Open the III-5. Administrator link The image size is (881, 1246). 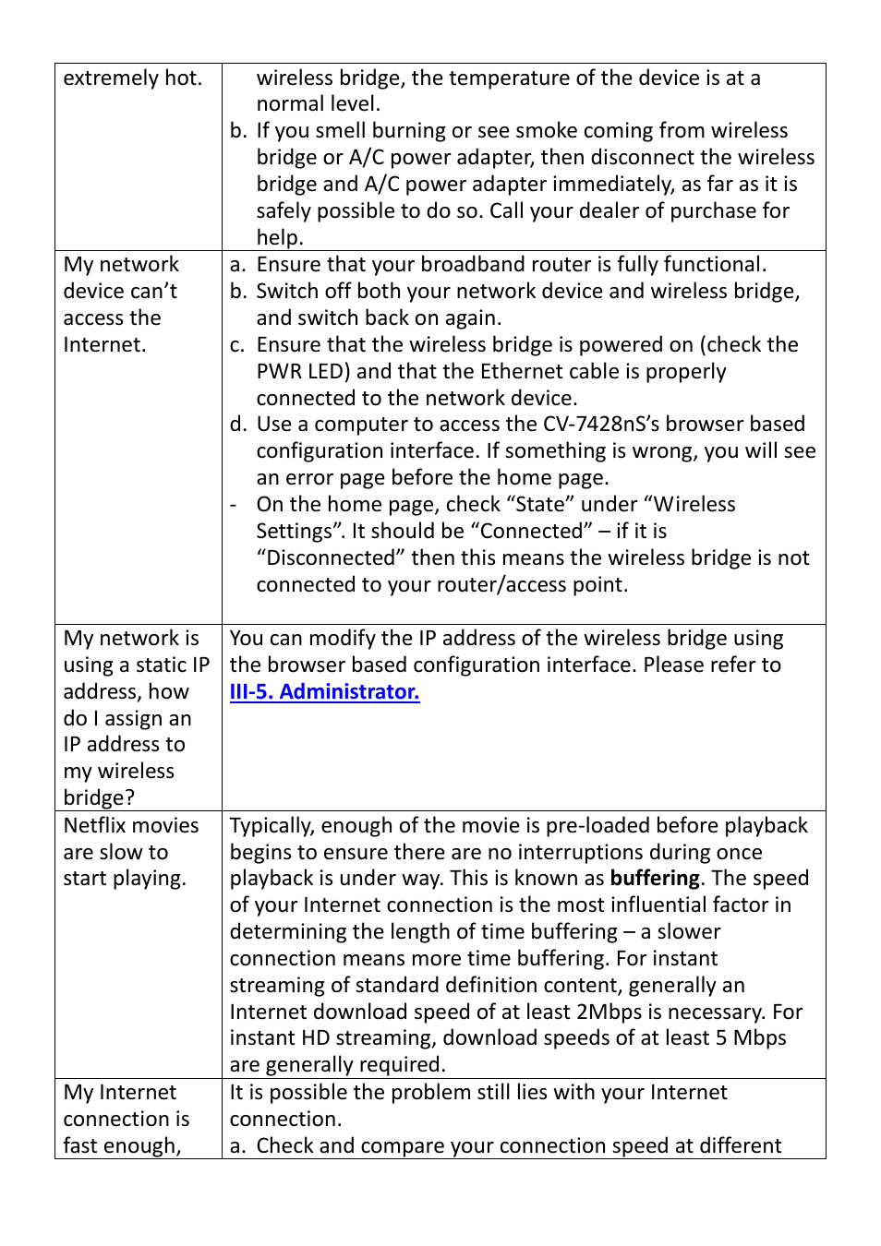pos(324,691)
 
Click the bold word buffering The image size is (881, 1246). pos(655,878)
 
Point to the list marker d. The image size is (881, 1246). pos(238,424)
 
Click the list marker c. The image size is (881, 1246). pos(237,344)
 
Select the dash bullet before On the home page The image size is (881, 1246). pos(234,504)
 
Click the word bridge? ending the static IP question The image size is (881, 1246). pos(99,797)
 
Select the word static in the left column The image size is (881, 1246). pos(162,665)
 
